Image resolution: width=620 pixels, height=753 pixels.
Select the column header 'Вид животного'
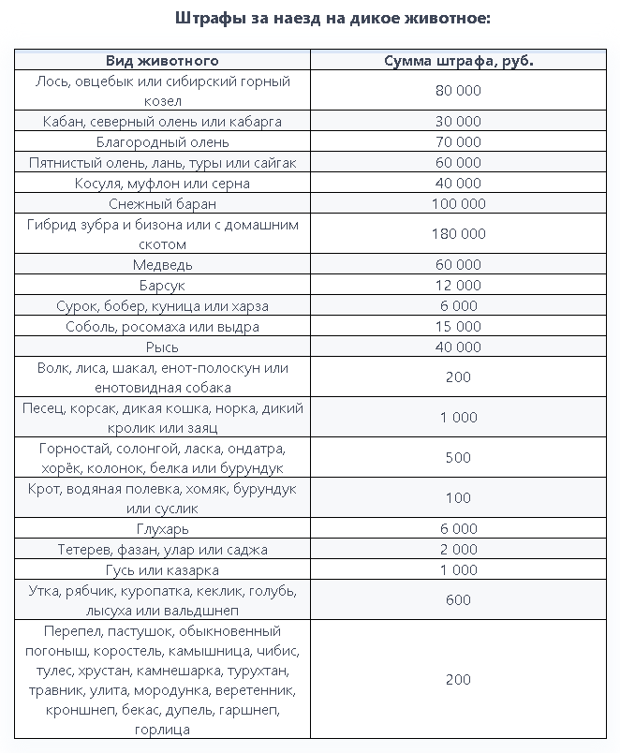162,60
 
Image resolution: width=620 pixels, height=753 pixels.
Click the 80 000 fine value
458,91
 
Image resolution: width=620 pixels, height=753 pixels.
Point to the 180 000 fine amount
458,234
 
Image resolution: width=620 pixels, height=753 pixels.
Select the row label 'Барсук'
162,286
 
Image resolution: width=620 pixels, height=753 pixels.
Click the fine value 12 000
458,286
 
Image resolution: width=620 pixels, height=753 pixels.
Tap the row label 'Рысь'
162,347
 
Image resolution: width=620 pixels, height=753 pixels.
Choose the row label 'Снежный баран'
162,204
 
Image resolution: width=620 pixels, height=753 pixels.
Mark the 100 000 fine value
458,204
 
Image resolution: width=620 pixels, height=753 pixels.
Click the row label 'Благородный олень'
162,142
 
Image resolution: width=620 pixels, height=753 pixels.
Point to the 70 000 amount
458,142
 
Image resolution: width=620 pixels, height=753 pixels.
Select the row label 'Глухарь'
162,529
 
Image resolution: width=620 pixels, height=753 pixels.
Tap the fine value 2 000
458,550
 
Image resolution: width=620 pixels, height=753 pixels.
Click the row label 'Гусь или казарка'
162,570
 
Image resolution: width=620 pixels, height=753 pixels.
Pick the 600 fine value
458,600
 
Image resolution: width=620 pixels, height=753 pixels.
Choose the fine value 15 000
458,327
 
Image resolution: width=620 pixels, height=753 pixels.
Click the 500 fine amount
458,458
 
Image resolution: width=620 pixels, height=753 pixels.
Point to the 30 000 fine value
458,122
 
